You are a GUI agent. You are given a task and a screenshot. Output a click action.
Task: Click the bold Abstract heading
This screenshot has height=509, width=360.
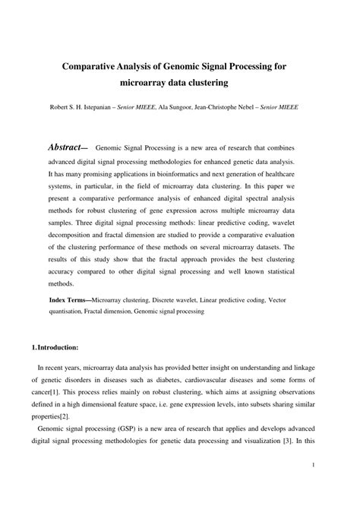click(68, 147)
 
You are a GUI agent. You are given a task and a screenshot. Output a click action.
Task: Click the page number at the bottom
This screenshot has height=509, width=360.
click(314, 483)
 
